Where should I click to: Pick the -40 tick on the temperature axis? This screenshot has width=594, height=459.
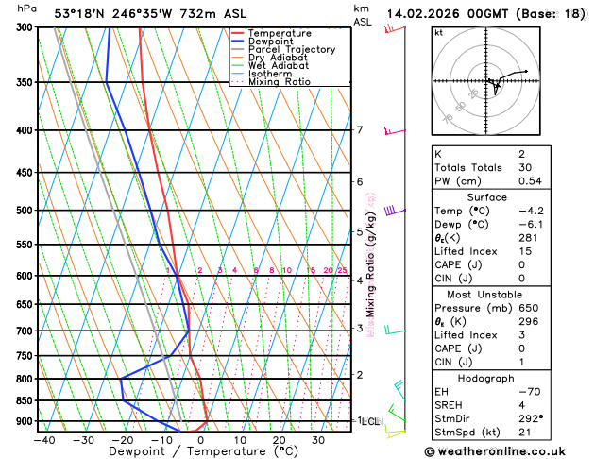pos(44,440)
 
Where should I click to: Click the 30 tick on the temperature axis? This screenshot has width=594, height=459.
pos(318,440)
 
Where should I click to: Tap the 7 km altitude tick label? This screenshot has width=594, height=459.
pos(360,130)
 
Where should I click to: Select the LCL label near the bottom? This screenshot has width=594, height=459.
pos(369,421)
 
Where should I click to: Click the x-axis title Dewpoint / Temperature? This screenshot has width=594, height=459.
pos(180,452)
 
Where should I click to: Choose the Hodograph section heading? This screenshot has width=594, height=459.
pos(499,378)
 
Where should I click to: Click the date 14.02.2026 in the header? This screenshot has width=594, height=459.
pos(431,14)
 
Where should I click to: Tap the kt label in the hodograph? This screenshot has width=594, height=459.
pos(438,32)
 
